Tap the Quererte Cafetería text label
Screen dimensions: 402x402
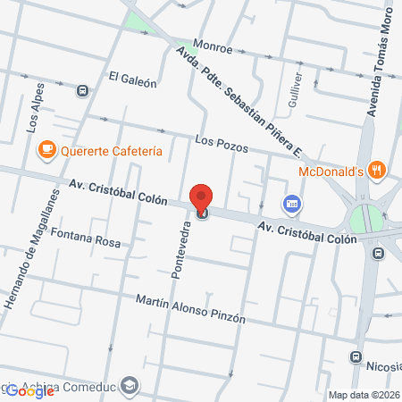(111, 151)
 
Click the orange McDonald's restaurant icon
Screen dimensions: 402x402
(379, 169)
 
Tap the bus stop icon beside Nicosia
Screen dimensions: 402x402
(356, 358)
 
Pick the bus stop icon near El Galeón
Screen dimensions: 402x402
(83, 90)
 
